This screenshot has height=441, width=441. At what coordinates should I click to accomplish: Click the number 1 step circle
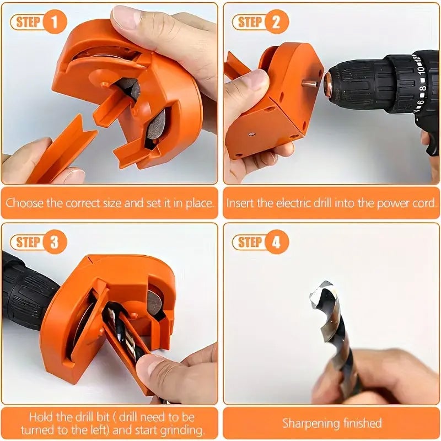(x=55, y=21)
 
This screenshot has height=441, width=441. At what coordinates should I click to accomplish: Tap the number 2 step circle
(x=277, y=21)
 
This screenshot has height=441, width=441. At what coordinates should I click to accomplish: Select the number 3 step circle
(x=55, y=242)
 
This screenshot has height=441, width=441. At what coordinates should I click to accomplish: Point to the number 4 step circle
(x=277, y=242)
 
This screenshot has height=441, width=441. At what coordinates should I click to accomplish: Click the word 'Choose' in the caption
(x=25, y=203)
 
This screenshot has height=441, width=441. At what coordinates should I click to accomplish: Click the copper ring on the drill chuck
(x=328, y=84)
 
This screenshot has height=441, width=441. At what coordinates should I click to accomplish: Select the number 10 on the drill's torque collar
(x=421, y=69)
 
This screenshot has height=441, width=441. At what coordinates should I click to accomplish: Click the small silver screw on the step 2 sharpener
(x=252, y=135)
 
